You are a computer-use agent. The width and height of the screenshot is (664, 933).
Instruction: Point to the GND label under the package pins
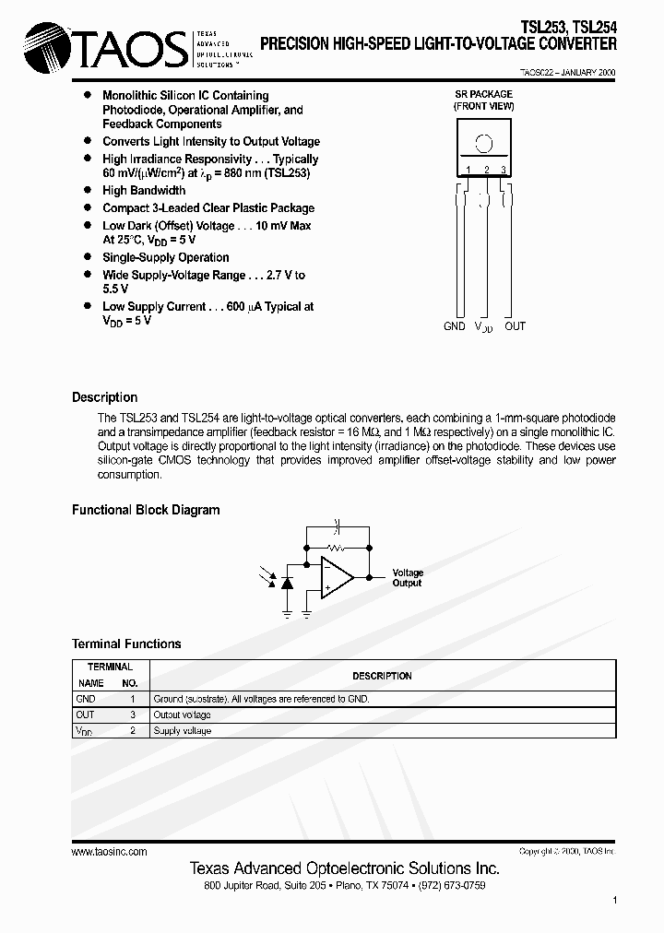(455, 326)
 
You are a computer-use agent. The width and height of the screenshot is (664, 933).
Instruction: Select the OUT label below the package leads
(515, 326)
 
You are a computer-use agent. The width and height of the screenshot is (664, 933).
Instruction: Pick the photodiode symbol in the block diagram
(286, 583)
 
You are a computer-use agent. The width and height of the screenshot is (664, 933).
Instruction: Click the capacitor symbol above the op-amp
(337, 526)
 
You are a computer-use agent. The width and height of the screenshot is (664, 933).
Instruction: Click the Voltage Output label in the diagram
(407, 578)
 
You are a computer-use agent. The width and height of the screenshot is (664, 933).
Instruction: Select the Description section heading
(104, 397)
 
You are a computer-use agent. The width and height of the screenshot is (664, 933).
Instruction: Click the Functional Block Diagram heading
(146, 510)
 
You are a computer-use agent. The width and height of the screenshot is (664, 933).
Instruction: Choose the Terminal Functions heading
(126, 644)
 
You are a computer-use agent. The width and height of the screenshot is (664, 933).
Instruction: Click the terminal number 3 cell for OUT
(132, 715)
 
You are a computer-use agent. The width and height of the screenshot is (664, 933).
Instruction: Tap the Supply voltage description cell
(183, 730)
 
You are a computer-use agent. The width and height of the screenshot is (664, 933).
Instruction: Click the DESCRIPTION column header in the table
(382, 676)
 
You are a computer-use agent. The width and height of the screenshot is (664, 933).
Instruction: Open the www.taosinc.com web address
(109, 852)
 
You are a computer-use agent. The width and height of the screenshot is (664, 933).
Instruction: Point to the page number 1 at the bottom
(613, 899)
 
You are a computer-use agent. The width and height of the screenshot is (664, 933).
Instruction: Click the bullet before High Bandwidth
(88, 190)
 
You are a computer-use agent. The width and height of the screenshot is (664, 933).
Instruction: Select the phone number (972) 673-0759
(449, 885)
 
